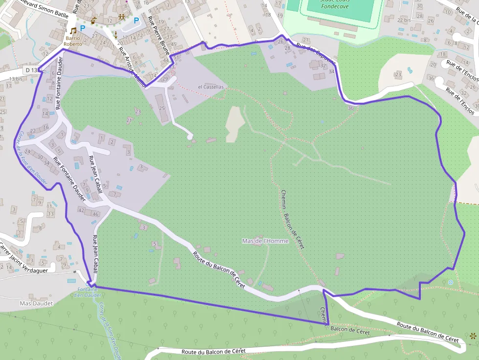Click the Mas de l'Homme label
265,241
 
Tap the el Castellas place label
211,87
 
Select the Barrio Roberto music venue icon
73,30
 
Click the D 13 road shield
31,70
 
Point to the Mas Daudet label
36,303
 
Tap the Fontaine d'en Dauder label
88,292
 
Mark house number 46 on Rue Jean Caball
95,214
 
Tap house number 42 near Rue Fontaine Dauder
82,211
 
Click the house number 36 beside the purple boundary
350,107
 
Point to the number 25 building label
162,108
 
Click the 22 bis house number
404,20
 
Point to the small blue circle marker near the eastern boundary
450,282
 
